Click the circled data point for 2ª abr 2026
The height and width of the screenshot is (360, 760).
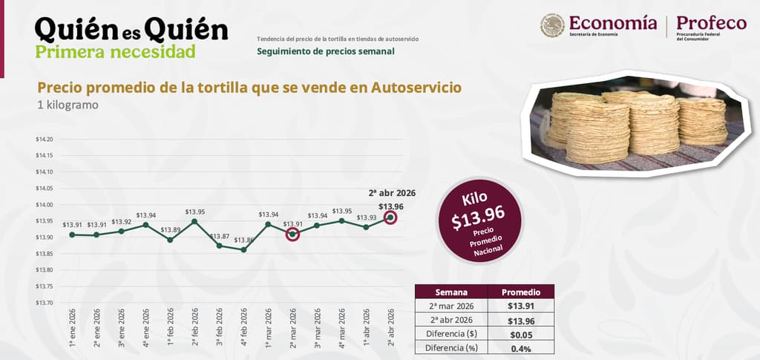[390, 217]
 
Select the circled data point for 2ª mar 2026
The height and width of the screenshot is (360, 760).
[292, 234]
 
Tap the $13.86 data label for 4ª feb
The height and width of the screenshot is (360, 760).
[243, 240]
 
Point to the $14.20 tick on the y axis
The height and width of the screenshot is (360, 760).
[44, 140]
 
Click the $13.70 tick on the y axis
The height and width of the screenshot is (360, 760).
[44, 302]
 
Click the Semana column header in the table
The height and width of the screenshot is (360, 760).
[451, 292]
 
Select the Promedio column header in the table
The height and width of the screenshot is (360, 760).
[521, 292]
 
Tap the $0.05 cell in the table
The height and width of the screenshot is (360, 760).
[521, 334]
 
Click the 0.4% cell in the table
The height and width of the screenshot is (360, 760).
[521, 348]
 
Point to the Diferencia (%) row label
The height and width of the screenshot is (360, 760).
[451, 348]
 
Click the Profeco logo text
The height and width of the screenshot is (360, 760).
[711, 23]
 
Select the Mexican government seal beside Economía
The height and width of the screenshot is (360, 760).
[552, 25]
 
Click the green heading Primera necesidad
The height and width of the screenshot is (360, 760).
[115, 51]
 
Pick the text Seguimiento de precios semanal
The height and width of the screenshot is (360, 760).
[326, 51]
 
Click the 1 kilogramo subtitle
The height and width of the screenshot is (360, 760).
[68, 105]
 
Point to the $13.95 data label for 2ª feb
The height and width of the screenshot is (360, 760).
[195, 212]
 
